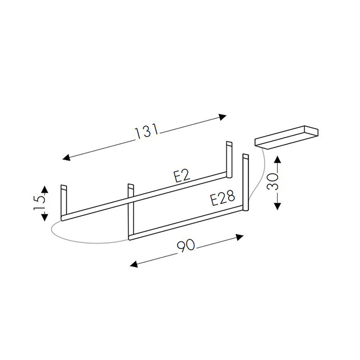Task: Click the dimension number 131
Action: [146, 131]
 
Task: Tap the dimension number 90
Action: [186, 246]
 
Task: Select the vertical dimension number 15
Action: [40, 202]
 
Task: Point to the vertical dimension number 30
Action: [273, 181]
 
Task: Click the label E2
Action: [182, 176]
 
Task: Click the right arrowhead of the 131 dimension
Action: [223, 117]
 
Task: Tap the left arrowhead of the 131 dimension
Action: [67, 157]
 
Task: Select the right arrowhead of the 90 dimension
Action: [239, 237]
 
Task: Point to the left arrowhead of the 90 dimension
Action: [134, 264]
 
